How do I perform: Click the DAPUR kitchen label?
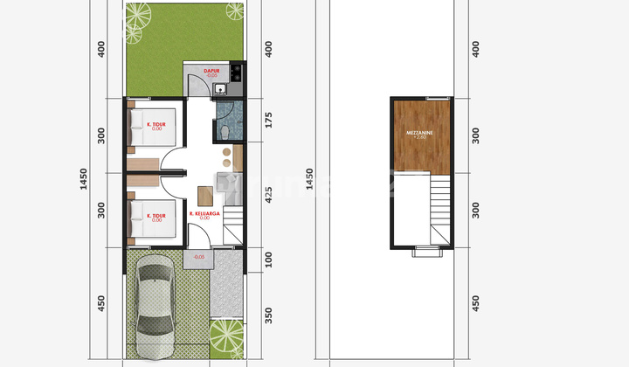click(211, 71)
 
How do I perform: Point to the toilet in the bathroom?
click(225, 131)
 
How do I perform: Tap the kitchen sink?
click(220, 88)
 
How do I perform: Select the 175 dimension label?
click(268, 120)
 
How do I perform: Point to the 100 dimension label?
click(268, 260)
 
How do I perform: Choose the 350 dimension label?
click(268, 315)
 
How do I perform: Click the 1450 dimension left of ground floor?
click(85, 179)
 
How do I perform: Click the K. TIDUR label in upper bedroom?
click(156, 124)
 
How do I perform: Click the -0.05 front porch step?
click(199, 257)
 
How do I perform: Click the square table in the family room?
click(204, 196)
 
